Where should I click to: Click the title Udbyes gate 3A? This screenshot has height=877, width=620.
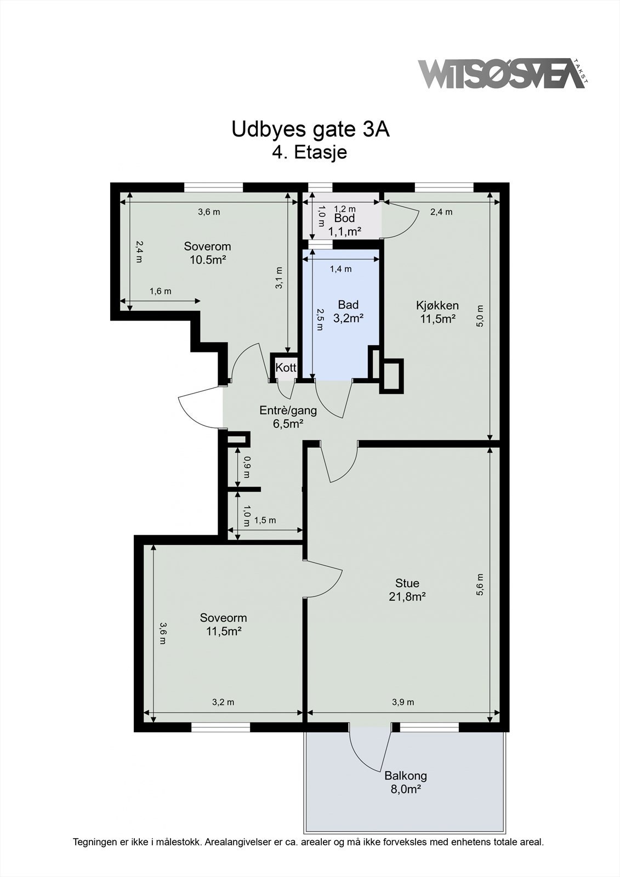tap(311, 129)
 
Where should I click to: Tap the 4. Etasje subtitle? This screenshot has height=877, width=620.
tap(309, 152)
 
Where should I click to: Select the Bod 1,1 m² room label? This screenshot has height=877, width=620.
tap(344, 225)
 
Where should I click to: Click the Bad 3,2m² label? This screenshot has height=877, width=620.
tap(348, 311)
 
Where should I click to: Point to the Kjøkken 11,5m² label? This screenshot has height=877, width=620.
tap(437, 312)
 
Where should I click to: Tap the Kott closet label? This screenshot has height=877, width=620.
tap(286, 367)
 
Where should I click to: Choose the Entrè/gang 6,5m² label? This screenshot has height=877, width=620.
tap(288, 417)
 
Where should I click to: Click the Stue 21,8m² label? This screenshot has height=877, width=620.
tap(407, 590)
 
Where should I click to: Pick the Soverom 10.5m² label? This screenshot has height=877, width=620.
tap(208, 253)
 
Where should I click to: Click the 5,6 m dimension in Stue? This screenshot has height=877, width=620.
tap(481, 584)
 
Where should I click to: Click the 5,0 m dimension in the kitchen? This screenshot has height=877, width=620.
tap(481, 316)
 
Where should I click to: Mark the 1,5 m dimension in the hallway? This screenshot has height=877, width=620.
tap(265, 520)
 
